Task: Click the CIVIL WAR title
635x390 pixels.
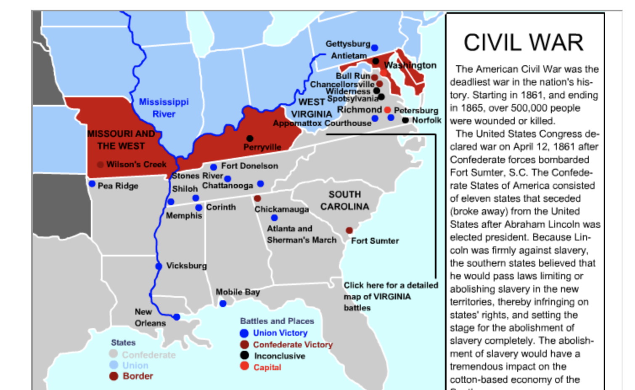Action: (524, 43)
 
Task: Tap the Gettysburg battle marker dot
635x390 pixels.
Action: (374, 48)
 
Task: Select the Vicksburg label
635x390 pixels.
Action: (186, 266)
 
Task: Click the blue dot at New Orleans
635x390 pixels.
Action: (177, 317)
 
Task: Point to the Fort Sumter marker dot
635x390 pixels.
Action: (349, 230)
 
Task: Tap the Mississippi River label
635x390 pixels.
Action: (164, 108)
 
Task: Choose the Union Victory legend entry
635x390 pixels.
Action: (280, 333)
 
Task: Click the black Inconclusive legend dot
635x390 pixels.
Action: (244, 355)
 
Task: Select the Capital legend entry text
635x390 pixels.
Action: (267, 367)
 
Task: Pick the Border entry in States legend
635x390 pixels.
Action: (138, 376)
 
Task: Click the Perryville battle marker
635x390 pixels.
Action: (250, 138)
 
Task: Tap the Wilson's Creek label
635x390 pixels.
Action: (136, 164)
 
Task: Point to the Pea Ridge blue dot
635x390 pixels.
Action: (92, 184)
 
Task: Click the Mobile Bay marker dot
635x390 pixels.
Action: (223, 303)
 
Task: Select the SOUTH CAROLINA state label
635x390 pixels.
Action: (345, 200)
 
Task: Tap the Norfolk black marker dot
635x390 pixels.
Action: (405, 120)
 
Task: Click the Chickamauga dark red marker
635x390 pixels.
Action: (257, 198)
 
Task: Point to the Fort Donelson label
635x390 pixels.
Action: (249, 166)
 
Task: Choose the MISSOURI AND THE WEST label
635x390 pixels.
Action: (121, 140)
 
